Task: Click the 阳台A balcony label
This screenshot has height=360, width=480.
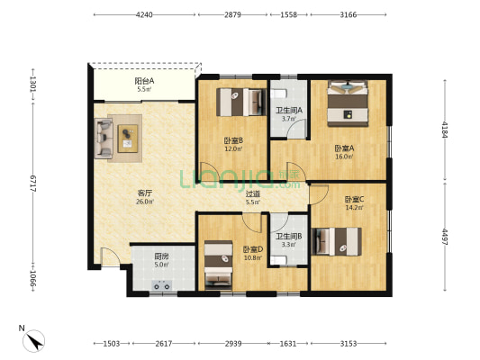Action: (x=144, y=81)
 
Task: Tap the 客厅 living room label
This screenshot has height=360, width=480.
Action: (x=144, y=193)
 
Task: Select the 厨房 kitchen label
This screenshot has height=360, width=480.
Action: (x=161, y=256)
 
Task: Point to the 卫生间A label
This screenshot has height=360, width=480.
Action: (x=289, y=110)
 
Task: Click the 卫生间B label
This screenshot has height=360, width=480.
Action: (x=289, y=236)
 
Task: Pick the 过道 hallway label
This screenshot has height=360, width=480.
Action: (x=253, y=193)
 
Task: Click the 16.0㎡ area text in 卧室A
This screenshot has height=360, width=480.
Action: (x=344, y=157)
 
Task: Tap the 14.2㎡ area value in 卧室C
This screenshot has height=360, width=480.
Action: (x=354, y=208)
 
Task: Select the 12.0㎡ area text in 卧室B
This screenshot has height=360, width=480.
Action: (x=233, y=149)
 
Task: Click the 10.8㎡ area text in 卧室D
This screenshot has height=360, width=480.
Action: (x=253, y=257)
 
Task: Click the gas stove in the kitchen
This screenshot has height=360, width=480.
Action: (x=161, y=285)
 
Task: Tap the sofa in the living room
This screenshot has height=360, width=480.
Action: (x=104, y=139)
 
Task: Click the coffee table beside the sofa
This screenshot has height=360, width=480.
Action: (x=128, y=139)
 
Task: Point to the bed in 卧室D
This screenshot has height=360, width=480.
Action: (x=218, y=265)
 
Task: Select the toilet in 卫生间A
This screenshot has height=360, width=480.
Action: (x=278, y=94)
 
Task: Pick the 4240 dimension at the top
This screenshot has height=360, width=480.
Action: (x=144, y=14)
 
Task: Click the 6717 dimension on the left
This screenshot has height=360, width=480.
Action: (x=33, y=184)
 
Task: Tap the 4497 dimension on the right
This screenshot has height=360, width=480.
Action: (x=445, y=237)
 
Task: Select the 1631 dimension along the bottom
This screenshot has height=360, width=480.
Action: (x=288, y=344)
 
